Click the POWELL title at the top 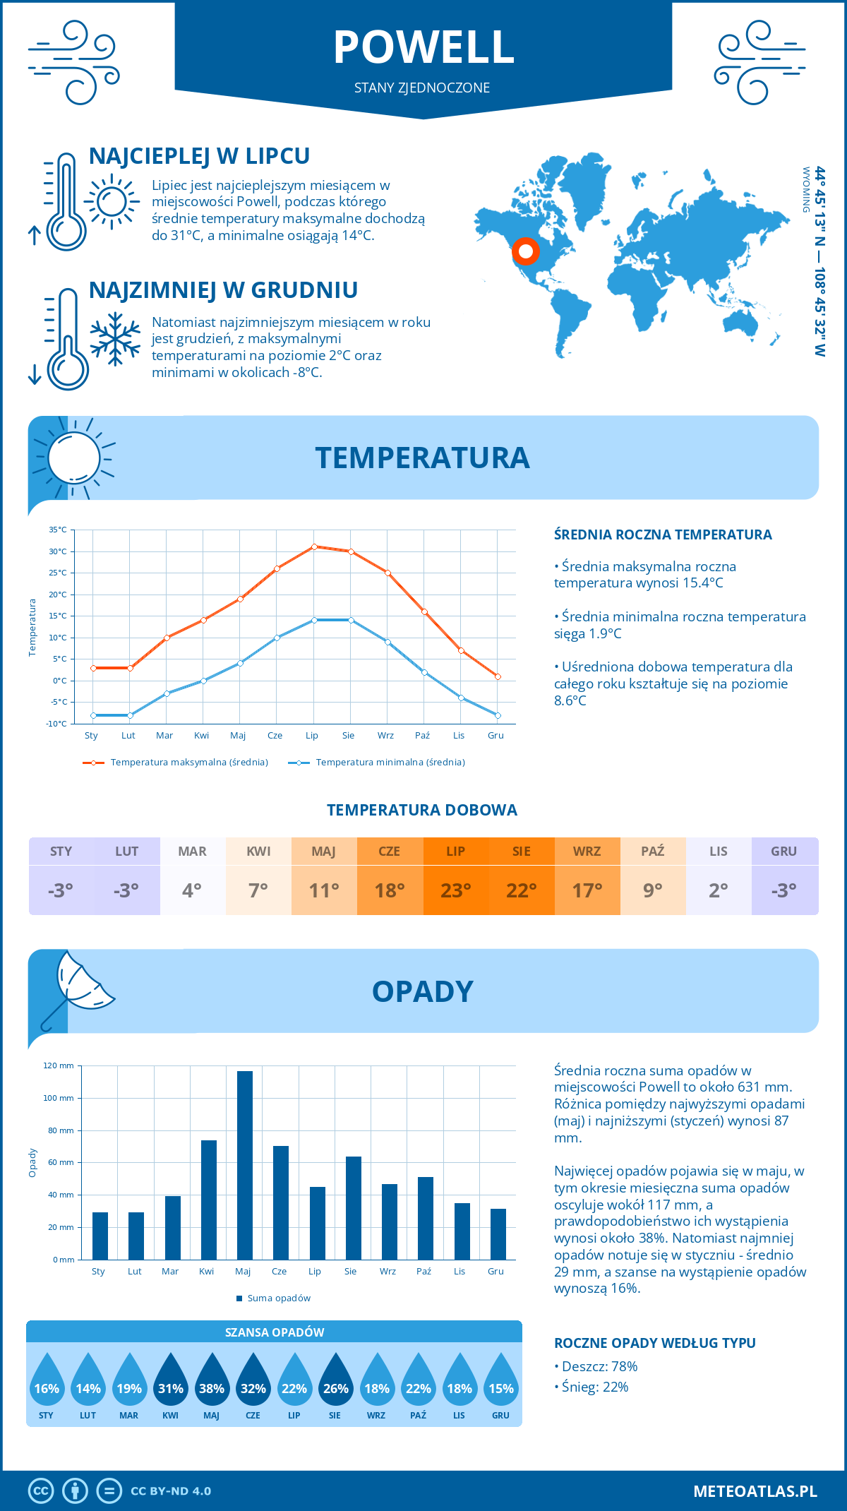click(423, 47)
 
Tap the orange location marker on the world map click(525, 251)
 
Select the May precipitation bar click(244, 1165)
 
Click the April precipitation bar click(208, 1200)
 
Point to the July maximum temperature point click(314, 547)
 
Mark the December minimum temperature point click(498, 715)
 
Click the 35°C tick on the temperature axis click(58, 530)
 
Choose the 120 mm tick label click(59, 1065)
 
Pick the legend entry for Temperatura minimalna click(381, 763)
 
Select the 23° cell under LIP click(455, 890)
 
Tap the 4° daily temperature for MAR click(192, 890)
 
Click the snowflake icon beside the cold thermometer click(115, 339)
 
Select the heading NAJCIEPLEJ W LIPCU click(199, 156)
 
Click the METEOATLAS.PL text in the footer click(755, 1491)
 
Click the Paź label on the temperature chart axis click(422, 736)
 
